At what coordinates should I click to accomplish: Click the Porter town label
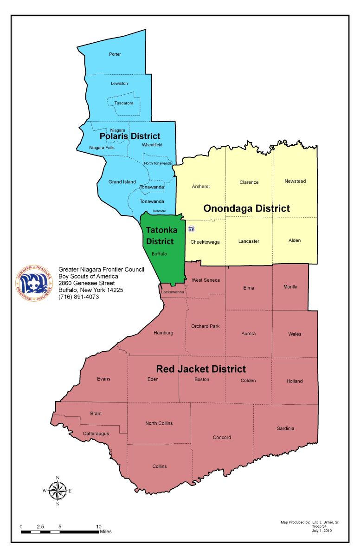[115, 54]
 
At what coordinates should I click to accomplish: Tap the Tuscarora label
[124, 103]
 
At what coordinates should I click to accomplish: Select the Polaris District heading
[130, 136]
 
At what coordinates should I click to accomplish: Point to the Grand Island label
[122, 182]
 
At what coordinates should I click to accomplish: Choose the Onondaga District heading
[246, 208]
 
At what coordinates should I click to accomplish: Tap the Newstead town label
[295, 181]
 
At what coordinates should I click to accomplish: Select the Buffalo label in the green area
[159, 254]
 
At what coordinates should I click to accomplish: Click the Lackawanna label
[173, 292]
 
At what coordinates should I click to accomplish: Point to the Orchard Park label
[205, 326]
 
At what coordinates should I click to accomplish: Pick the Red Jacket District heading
[201, 369]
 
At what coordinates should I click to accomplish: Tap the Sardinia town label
[285, 428]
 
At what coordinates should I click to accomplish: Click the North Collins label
[159, 423]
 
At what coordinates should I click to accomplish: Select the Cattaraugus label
[96, 433]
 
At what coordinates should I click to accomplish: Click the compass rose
[58, 491]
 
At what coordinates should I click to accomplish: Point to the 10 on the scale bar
[98, 526]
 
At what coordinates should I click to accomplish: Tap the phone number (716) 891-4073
[78, 297]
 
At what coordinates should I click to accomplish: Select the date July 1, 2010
[322, 530]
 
